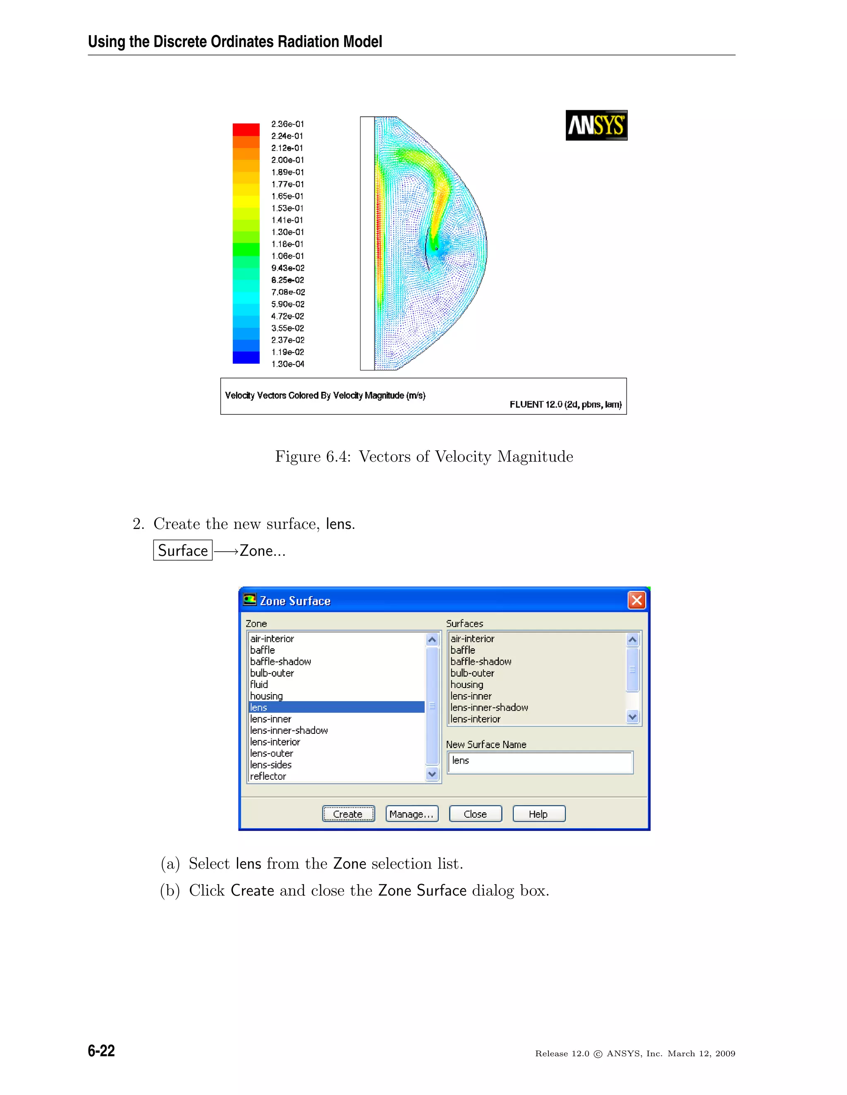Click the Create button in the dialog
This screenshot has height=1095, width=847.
(x=348, y=814)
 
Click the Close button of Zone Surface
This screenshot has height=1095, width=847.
(x=475, y=814)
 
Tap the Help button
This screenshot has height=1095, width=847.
(x=538, y=814)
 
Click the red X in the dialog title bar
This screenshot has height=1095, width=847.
(x=636, y=600)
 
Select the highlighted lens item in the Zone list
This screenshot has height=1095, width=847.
(x=336, y=707)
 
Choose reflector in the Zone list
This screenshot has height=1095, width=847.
(x=268, y=776)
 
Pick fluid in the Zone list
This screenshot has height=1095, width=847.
(x=259, y=684)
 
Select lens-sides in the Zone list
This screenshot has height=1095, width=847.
(x=271, y=764)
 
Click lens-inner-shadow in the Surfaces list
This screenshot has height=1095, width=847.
(x=489, y=707)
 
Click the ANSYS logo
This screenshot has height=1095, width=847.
(x=596, y=125)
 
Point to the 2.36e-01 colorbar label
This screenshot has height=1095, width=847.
(x=287, y=124)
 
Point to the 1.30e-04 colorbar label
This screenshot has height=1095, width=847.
(x=287, y=364)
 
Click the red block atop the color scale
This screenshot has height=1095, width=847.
(x=246, y=129)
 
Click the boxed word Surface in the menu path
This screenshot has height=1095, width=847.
(x=183, y=550)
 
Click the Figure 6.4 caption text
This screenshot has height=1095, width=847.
(x=423, y=456)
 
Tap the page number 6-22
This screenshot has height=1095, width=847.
(x=101, y=1050)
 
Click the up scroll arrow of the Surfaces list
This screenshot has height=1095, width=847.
(x=632, y=640)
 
